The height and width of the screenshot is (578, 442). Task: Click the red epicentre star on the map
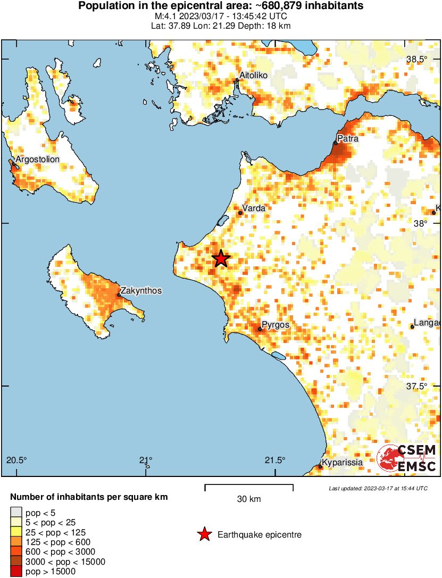point(221,259)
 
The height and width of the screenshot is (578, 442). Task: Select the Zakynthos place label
point(141,291)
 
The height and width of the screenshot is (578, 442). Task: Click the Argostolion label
point(37,159)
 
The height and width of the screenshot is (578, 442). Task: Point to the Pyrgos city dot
point(260,329)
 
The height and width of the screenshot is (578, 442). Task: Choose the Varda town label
point(253,208)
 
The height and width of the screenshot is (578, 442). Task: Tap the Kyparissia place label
point(343,463)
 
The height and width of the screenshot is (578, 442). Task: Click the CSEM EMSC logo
point(407,458)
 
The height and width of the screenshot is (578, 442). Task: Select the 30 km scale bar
point(249,485)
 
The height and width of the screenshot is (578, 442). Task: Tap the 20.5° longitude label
point(16,460)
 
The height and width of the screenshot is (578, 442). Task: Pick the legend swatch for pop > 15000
point(16,572)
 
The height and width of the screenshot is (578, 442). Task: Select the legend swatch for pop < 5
point(16,513)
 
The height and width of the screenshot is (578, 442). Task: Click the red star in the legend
point(204,535)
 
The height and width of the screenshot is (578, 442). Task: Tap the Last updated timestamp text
point(378,488)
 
